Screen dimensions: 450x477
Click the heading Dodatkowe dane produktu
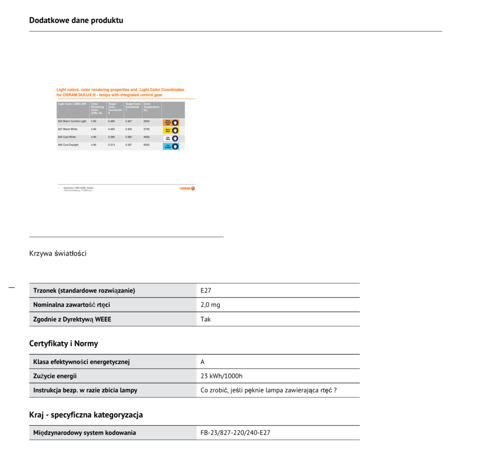76,20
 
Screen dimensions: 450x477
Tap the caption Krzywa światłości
58,254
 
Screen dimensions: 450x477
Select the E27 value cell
206,290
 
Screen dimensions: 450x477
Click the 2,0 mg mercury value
210,305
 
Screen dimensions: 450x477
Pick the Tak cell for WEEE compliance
206,319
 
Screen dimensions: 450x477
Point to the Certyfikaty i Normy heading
64,343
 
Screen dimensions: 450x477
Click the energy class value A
203,362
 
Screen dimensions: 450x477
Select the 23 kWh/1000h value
221,376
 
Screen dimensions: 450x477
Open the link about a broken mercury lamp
268,390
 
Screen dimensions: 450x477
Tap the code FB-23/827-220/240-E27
235,433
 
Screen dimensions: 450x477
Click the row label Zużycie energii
55,376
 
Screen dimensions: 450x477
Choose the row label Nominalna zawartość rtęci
72,305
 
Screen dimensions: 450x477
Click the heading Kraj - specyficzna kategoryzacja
86,415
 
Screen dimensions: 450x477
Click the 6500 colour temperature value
146,145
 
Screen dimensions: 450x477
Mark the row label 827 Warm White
68,129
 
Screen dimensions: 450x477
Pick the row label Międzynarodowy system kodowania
85,433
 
